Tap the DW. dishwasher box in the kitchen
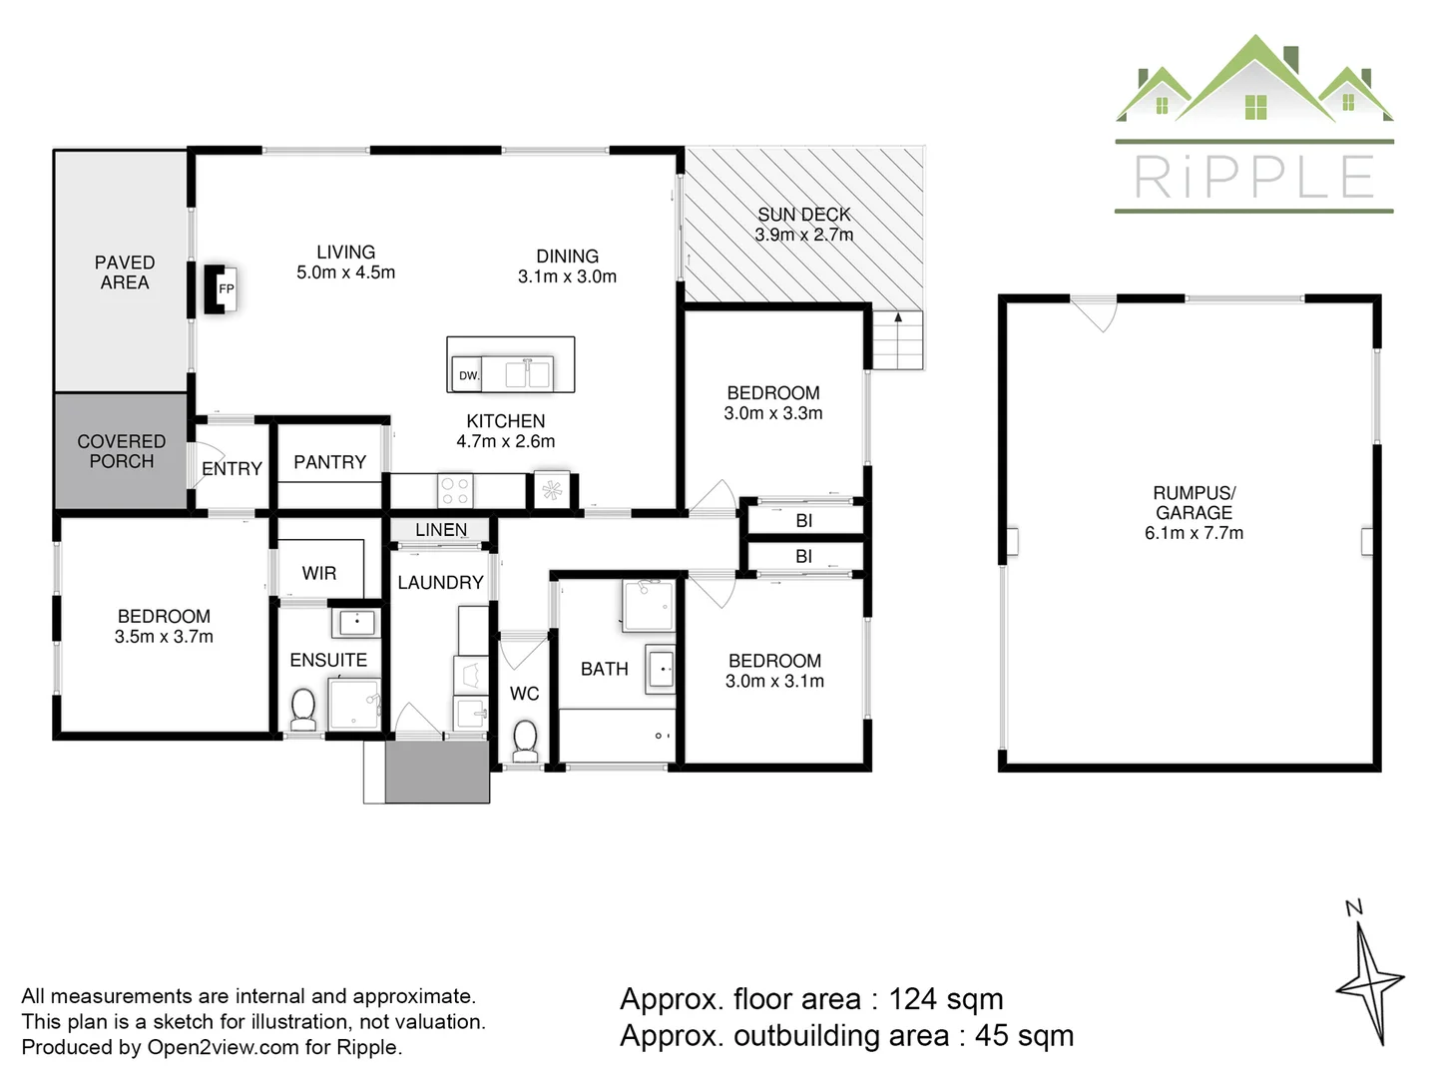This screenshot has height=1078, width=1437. (x=467, y=374)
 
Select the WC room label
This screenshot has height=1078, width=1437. (x=524, y=694)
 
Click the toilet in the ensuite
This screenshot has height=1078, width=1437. (x=303, y=709)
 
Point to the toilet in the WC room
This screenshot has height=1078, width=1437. (x=525, y=740)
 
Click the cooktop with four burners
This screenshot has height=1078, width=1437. (x=455, y=490)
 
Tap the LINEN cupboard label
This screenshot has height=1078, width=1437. (x=441, y=530)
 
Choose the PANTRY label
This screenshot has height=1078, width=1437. (x=329, y=462)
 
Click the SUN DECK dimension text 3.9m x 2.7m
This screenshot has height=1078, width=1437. (x=803, y=236)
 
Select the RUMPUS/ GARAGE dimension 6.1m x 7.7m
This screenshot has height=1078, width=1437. (x=1194, y=533)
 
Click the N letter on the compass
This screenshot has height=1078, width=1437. (x=1353, y=907)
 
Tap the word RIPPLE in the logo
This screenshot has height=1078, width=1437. (x=1254, y=178)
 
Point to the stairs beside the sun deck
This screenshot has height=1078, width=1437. (x=898, y=341)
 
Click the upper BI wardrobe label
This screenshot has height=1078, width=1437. (x=804, y=520)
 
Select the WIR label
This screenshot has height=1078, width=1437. (x=319, y=573)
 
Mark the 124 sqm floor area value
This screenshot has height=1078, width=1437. (x=946, y=999)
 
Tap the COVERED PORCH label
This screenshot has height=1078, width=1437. (x=122, y=451)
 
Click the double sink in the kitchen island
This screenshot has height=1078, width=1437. (x=528, y=374)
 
